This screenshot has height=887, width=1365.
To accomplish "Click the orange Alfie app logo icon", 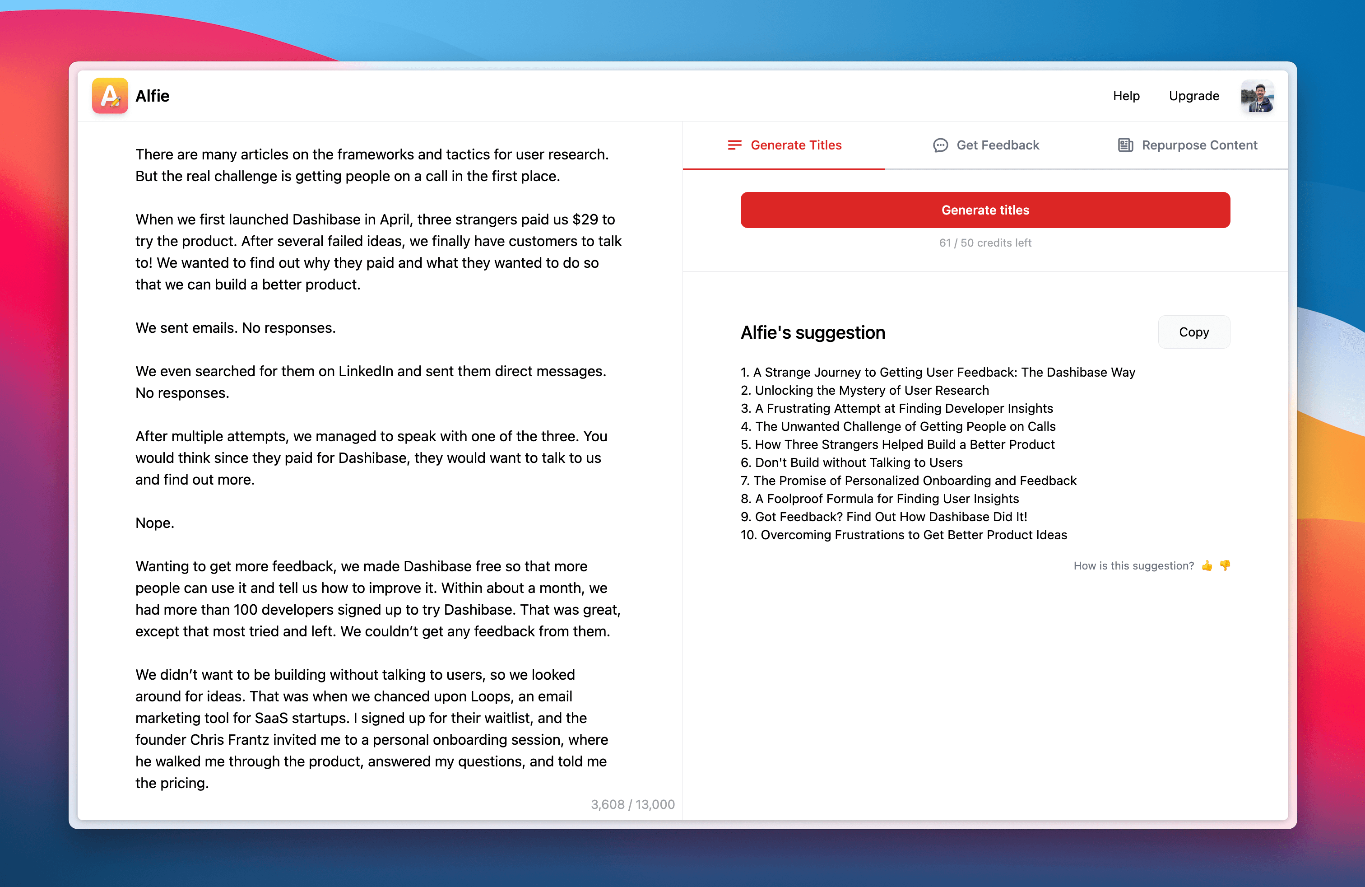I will coord(110,96).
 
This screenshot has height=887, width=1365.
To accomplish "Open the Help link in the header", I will coord(1126,96).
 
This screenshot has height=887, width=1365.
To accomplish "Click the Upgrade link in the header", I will coord(1193,96).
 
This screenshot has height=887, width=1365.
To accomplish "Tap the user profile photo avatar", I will coord(1257,96).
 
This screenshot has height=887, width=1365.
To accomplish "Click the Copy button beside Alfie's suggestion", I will coord(1193,332).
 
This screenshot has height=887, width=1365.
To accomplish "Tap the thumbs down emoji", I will coord(1225,566).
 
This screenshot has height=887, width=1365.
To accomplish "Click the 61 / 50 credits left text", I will coord(985,243).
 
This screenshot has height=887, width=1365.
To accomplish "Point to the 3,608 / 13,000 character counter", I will coord(632,804).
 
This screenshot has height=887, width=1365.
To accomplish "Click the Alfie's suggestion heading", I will coord(812,333).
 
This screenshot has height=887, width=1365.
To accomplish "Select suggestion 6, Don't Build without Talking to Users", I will coord(852,462).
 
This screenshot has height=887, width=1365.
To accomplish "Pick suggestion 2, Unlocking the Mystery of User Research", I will coord(865,390).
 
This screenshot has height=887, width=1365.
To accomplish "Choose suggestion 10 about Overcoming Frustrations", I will coord(904,535).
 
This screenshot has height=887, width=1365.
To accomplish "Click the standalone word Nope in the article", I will coord(154,523).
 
